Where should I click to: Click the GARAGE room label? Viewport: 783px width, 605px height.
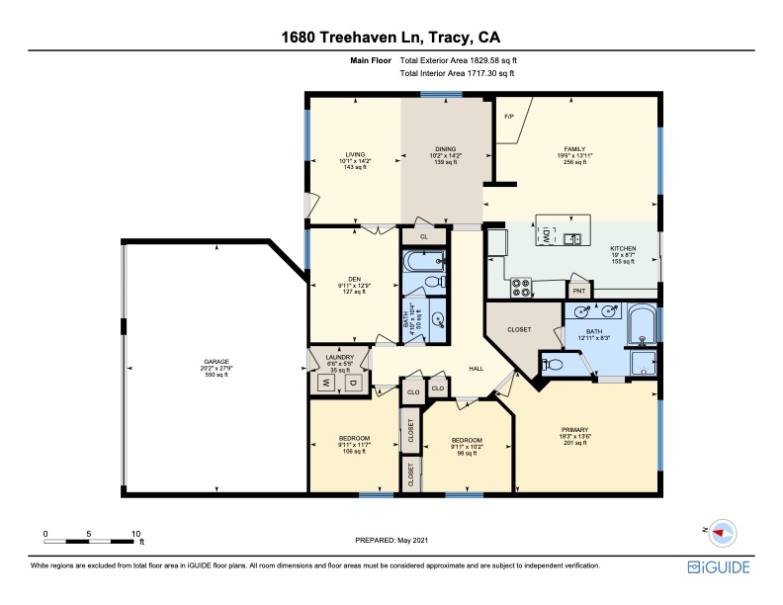(x=216, y=362)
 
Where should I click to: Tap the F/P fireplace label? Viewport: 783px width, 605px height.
(x=509, y=117)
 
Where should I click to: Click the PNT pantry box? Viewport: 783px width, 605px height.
(x=578, y=291)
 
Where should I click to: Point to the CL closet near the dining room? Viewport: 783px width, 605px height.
(x=424, y=237)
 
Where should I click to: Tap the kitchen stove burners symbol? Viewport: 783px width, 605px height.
(x=520, y=289)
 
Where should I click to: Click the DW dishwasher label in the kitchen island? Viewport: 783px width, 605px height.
(x=545, y=238)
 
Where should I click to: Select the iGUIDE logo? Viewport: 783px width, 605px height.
(x=719, y=567)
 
